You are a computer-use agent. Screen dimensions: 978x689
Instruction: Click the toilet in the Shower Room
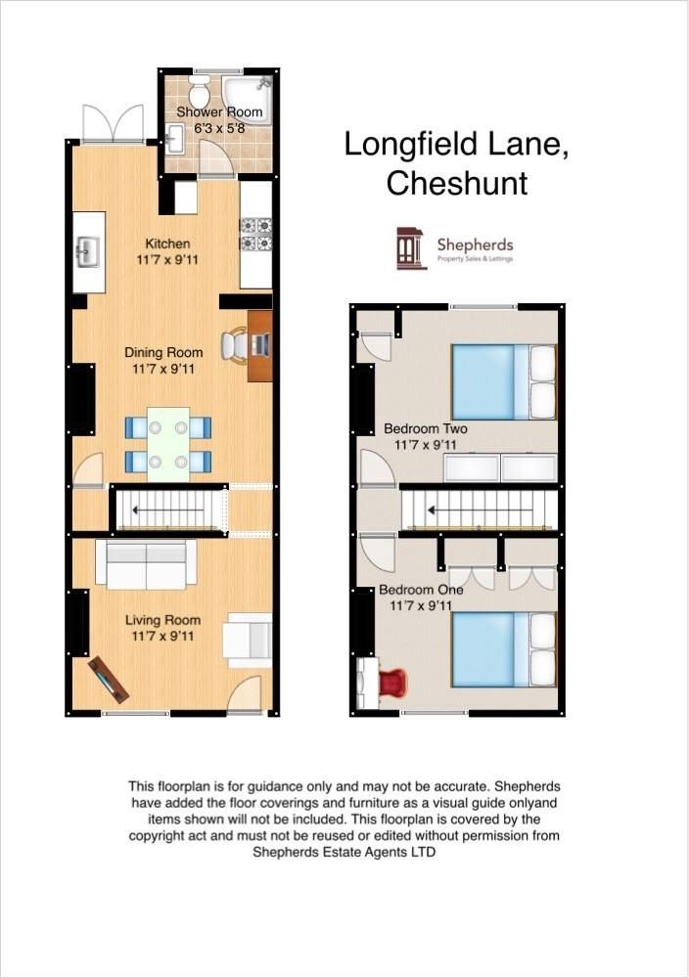[199, 94]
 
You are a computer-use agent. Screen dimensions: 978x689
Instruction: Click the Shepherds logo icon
[411, 248]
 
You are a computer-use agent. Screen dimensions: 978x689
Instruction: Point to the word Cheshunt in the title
[457, 183]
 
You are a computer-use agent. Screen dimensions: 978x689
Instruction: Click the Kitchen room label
[167, 244]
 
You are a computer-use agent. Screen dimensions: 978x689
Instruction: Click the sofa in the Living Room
[145, 564]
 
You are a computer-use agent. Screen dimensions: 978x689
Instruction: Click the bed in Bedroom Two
[503, 380]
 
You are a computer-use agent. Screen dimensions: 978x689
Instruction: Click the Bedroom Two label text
[425, 428]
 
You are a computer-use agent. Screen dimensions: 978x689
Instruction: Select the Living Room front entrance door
[245, 696]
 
